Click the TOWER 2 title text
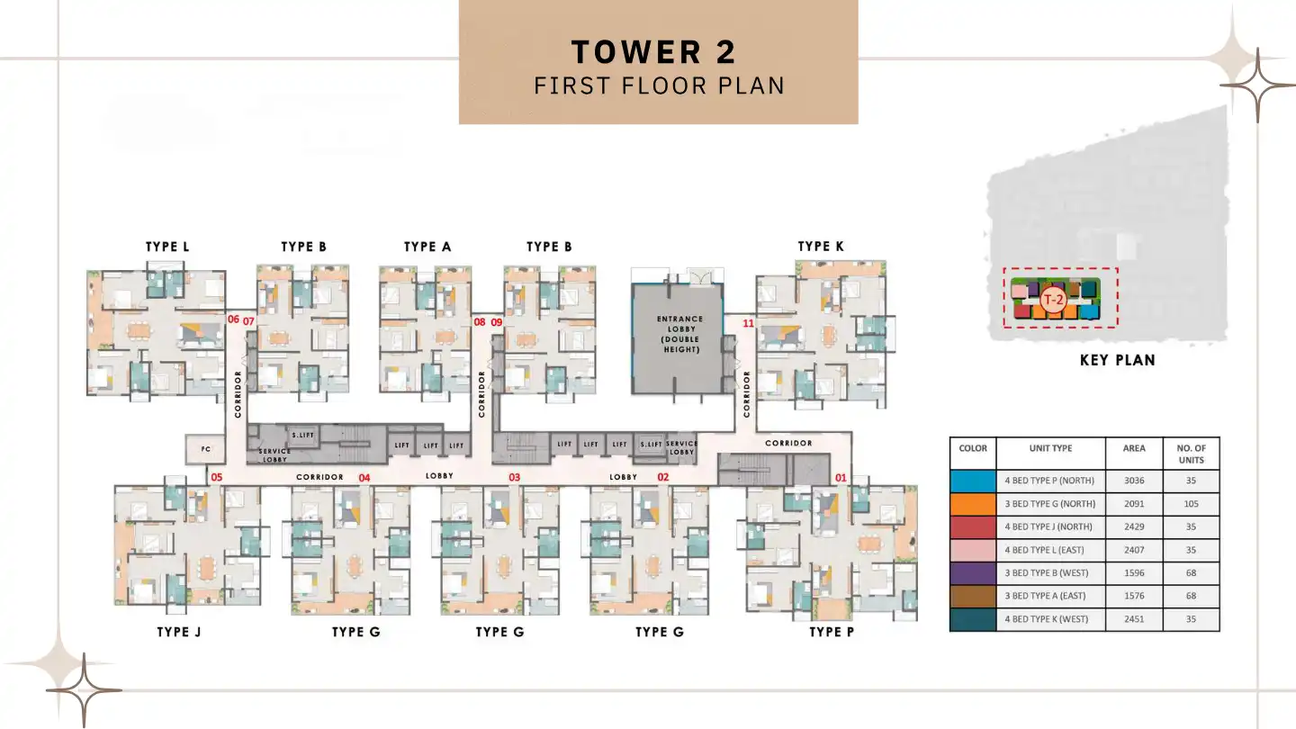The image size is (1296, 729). pyautogui.click(x=653, y=52)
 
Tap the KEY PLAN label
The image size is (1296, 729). pyautogui.click(x=1116, y=360)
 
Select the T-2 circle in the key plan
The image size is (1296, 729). pyautogui.click(x=1051, y=299)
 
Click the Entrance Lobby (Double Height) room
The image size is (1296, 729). pyautogui.click(x=679, y=335)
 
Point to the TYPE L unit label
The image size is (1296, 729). pyautogui.click(x=167, y=247)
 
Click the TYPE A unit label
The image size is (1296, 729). pyautogui.click(x=427, y=247)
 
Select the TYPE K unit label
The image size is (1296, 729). pyautogui.click(x=821, y=247)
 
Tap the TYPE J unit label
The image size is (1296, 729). pyautogui.click(x=179, y=632)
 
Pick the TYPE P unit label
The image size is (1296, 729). pyautogui.click(x=831, y=632)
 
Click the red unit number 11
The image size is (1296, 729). pyautogui.click(x=748, y=322)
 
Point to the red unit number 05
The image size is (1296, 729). pyautogui.click(x=216, y=477)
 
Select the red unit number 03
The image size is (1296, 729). pyautogui.click(x=515, y=477)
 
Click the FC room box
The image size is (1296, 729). pyautogui.click(x=205, y=449)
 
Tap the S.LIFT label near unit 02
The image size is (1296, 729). pyautogui.click(x=651, y=445)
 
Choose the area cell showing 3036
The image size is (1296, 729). pyautogui.click(x=1133, y=481)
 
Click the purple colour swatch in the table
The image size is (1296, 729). pyautogui.click(x=973, y=573)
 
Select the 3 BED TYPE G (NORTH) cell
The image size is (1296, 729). pyautogui.click(x=1049, y=504)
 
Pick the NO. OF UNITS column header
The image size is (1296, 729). pyautogui.click(x=1191, y=454)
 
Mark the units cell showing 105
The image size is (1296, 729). pyautogui.click(x=1191, y=504)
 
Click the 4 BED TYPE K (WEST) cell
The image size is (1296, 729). pyautogui.click(x=1049, y=619)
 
